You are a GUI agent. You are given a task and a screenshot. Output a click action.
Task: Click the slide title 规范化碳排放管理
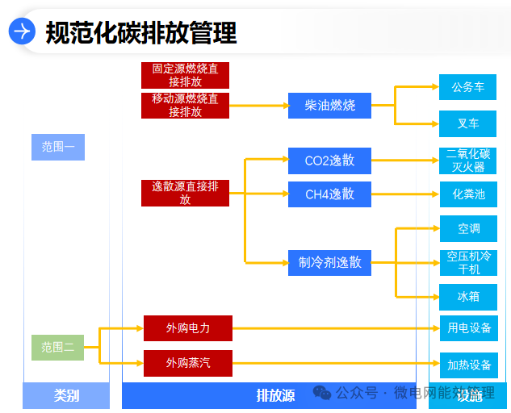pyautogui.click(x=141, y=32)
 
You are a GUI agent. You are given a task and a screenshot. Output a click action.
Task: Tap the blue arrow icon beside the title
pyautogui.click(x=23, y=31)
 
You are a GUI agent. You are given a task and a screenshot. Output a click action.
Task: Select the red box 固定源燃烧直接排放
pyautogui.click(x=185, y=76)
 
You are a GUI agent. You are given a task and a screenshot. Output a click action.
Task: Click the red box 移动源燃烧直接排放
pyautogui.click(x=185, y=106)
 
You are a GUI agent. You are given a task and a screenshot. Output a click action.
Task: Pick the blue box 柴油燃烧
pyautogui.click(x=329, y=106)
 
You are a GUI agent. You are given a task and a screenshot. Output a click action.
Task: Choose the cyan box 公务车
pyautogui.click(x=468, y=87)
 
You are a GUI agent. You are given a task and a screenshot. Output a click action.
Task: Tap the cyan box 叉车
pyautogui.click(x=468, y=123)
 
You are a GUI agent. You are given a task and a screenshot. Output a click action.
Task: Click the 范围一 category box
pyautogui.click(x=58, y=147)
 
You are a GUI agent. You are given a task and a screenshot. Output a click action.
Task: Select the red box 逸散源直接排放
pyautogui.click(x=185, y=193)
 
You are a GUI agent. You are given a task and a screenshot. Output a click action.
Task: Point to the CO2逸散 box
pyautogui.click(x=329, y=161)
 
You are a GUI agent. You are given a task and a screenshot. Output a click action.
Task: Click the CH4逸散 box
pyautogui.click(x=329, y=194)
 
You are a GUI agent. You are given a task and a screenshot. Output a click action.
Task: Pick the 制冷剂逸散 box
pyautogui.click(x=329, y=262)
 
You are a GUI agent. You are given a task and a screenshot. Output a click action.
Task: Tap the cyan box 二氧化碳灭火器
pyautogui.click(x=468, y=161)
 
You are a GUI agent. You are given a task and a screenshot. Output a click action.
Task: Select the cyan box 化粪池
pyautogui.click(x=468, y=194)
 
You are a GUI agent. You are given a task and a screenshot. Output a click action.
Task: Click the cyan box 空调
pyautogui.click(x=468, y=229)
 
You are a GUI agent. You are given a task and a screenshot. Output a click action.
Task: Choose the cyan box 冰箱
pyautogui.click(x=468, y=297)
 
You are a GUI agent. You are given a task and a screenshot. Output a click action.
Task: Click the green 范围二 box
pyautogui.click(x=58, y=348)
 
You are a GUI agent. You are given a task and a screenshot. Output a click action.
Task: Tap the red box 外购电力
pyautogui.click(x=188, y=328)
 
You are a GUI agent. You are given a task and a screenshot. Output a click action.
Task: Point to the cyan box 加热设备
pyautogui.click(x=469, y=365)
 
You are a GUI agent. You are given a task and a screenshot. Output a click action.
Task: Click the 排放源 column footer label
pyautogui.click(x=275, y=395)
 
